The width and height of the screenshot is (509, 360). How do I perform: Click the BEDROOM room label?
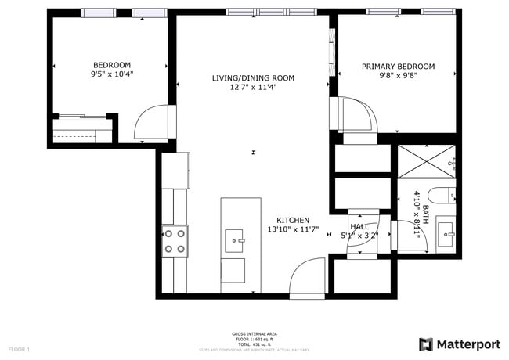tap(112, 65)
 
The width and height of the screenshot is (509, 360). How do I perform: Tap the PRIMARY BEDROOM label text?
tap(398, 67)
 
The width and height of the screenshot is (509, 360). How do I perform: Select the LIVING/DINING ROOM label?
tap(253, 77)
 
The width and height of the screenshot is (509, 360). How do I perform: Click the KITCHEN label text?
tap(293, 221)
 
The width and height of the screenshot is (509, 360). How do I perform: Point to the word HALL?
tap(359, 226)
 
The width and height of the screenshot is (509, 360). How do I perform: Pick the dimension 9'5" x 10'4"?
tap(112, 75)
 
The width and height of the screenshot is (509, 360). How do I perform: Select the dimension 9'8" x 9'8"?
tap(398, 77)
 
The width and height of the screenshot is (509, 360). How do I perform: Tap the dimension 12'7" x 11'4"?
tap(253, 88)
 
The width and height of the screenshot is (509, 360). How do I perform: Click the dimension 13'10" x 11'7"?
tap(293, 230)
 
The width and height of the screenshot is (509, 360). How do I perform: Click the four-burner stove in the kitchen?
tap(175, 241)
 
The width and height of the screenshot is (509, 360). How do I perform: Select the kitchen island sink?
tap(235, 240)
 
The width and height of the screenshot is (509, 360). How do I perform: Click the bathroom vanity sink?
tap(446, 232)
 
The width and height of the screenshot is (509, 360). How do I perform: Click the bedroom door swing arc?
tap(150, 124)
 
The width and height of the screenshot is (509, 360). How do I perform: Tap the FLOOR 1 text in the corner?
tap(19, 348)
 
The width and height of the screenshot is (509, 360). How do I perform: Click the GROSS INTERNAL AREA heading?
tap(254, 333)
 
